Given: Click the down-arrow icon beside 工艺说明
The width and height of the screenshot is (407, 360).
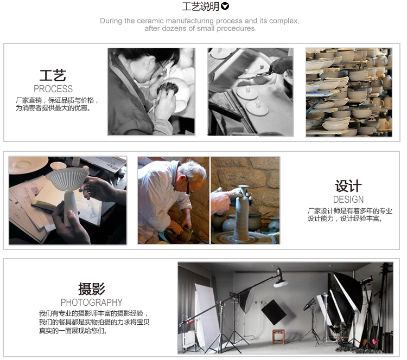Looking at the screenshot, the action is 225,6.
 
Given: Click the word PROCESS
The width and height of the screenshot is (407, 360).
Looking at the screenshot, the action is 53,89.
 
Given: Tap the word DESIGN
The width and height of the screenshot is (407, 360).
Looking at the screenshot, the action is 348,200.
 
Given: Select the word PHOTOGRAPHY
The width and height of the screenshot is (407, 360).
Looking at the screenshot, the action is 91,303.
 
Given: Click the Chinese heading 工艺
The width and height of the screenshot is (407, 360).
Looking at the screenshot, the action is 53,75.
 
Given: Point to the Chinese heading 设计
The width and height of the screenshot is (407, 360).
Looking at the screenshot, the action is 348,186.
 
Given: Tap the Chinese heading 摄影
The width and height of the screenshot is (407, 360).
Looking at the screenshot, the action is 92,288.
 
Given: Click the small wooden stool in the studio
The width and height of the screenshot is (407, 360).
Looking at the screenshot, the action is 278,336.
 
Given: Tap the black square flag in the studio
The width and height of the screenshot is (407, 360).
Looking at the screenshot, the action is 274,312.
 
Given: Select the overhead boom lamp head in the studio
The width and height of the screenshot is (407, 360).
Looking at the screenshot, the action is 281,280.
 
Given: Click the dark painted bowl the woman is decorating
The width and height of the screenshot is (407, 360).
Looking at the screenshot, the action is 168,88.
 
